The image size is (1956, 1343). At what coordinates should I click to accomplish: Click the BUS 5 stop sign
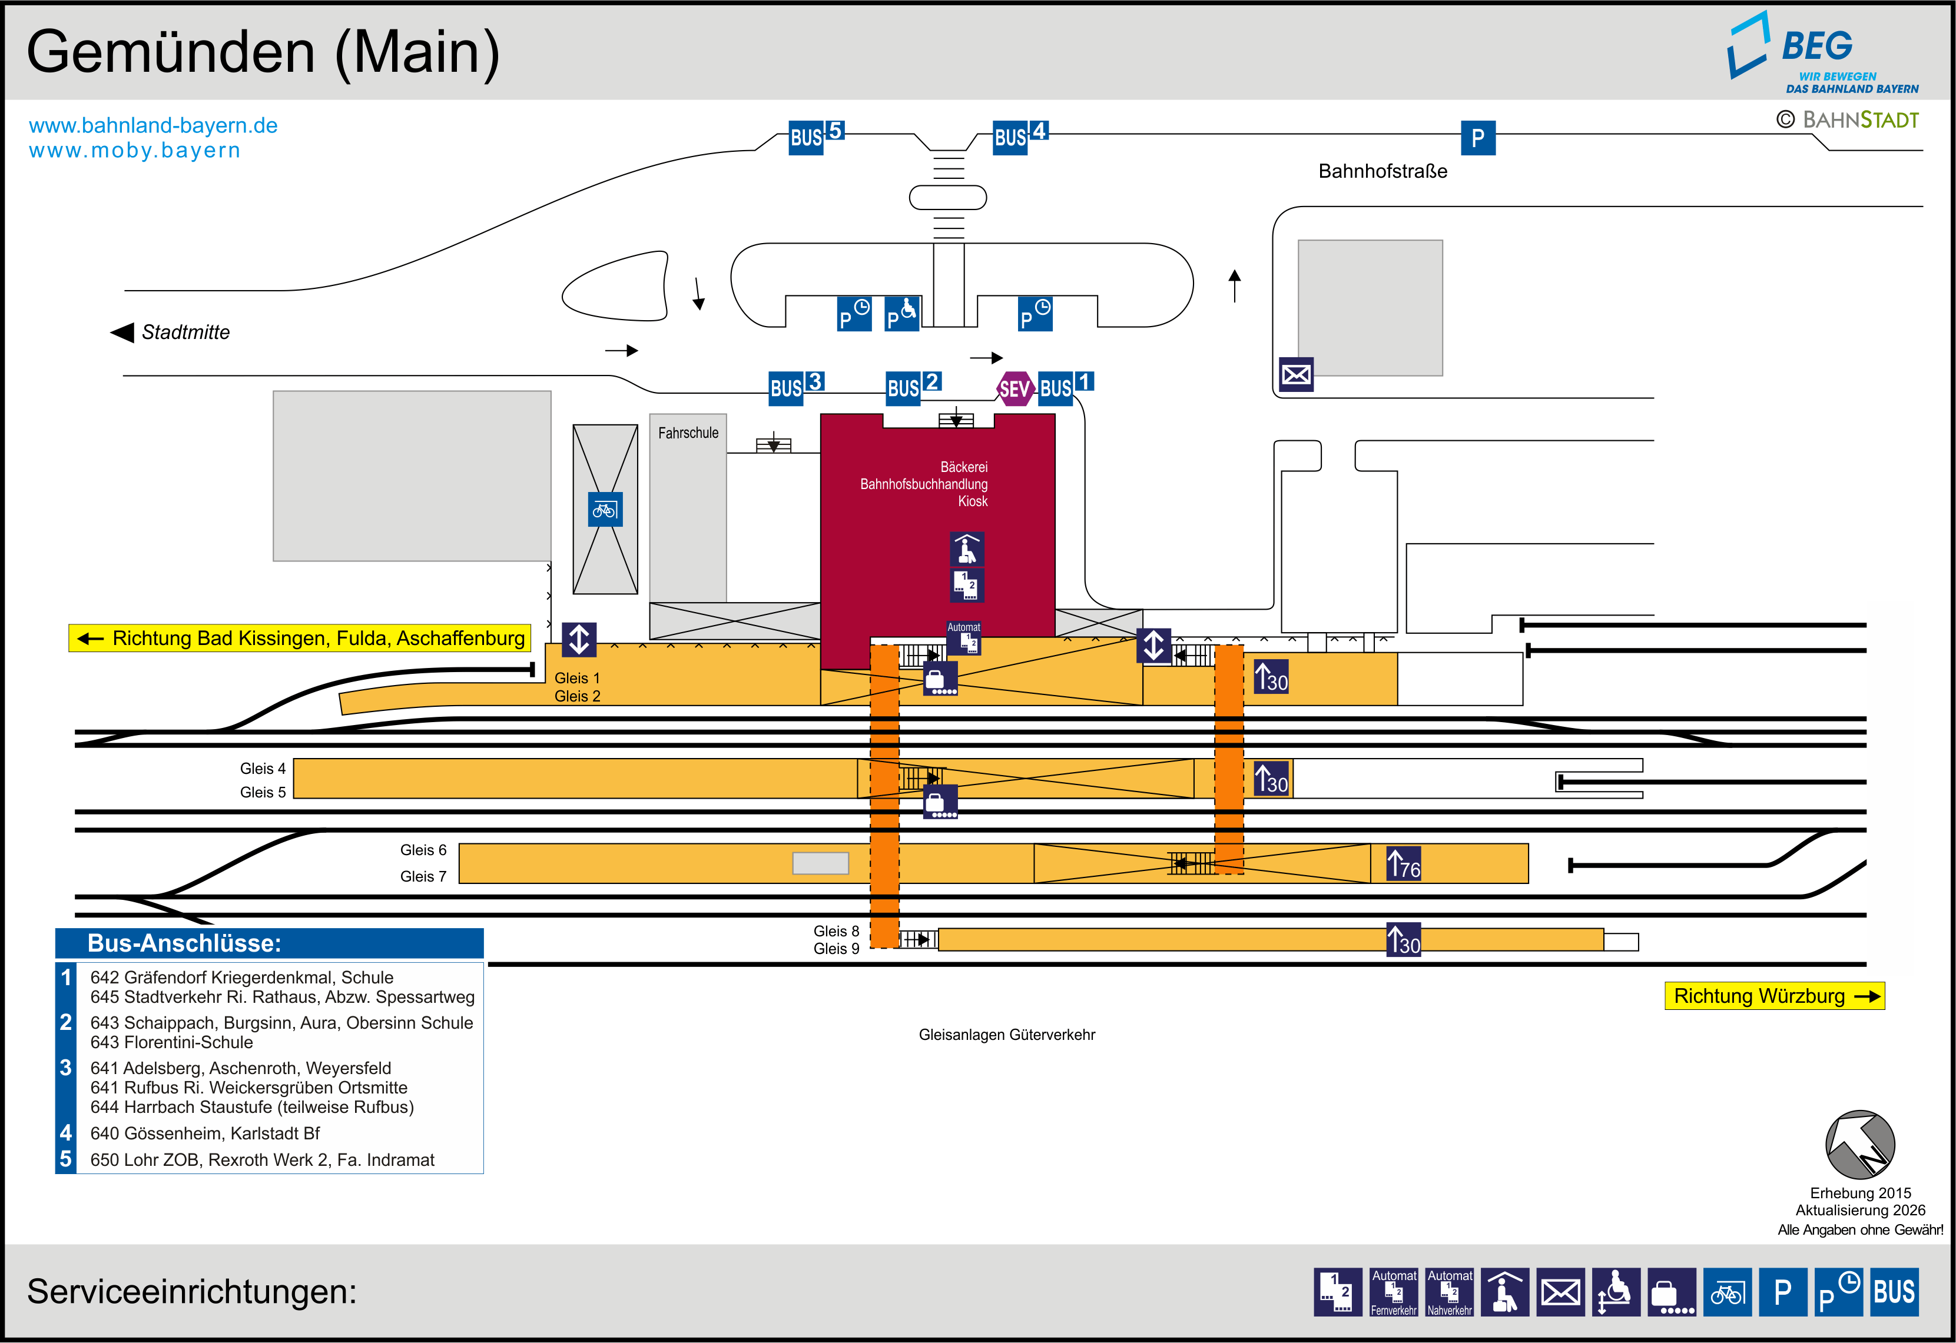pyautogui.click(x=815, y=135)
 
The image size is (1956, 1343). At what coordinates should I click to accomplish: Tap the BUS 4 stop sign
pyautogui.click(x=1019, y=135)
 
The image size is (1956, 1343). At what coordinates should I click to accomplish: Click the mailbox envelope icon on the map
pyautogui.click(x=1295, y=374)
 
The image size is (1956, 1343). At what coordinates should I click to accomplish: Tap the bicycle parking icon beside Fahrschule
pyautogui.click(x=604, y=509)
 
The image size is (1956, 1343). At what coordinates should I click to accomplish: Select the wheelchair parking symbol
pyautogui.click(x=901, y=314)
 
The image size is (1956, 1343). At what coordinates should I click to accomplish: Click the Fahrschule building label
pyautogui.click(x=688, y=433)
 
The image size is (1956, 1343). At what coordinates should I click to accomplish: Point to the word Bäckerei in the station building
pyautogui.click(x=964, y=467)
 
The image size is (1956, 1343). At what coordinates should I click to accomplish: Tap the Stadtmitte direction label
pyautogui.click(x=185, y=333)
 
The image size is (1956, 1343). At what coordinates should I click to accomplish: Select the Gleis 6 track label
pyautogui.click(x=423, y=850)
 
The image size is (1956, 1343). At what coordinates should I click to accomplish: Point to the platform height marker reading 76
pyautogui.click(x=1403, y=864)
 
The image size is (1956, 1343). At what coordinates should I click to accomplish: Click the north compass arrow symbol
pyautogui.click(x=1859, y=1145)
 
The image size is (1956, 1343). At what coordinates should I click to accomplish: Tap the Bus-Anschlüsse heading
pyautogui.click(x=184, y=943)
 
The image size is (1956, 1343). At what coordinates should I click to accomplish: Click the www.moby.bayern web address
pyautogui.click(x=135, y=151)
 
